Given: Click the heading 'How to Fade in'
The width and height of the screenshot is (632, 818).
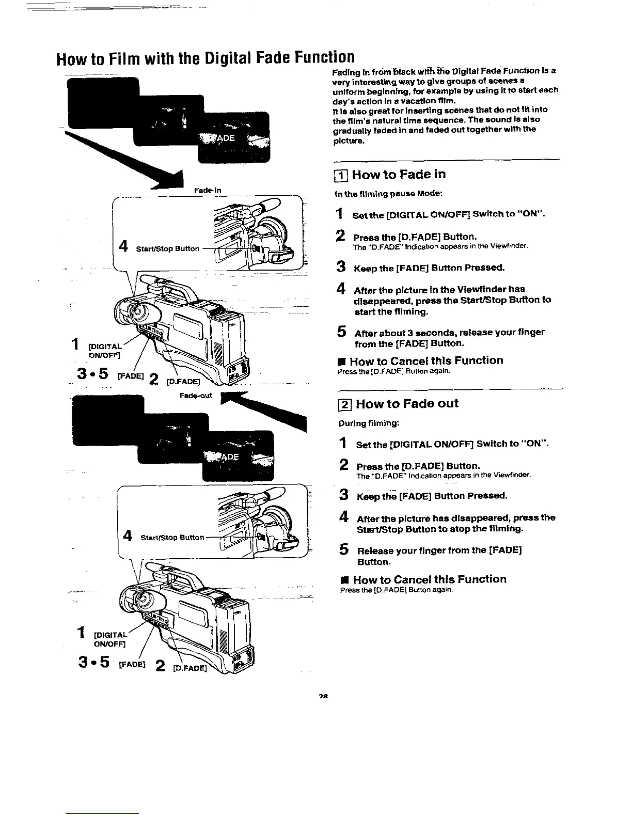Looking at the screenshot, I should click(399, 175).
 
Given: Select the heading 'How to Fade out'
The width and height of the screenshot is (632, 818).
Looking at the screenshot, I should click(406, 403).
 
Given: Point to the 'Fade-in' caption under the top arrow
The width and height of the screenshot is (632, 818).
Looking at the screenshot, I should click(207, 191).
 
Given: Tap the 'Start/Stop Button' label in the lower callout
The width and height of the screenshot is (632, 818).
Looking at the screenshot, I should click(172, 538).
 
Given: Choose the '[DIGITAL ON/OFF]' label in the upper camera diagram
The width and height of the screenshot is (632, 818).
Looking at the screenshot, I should click(105, 350).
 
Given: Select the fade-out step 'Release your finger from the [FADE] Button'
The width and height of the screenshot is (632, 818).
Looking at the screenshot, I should click(439, 556).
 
